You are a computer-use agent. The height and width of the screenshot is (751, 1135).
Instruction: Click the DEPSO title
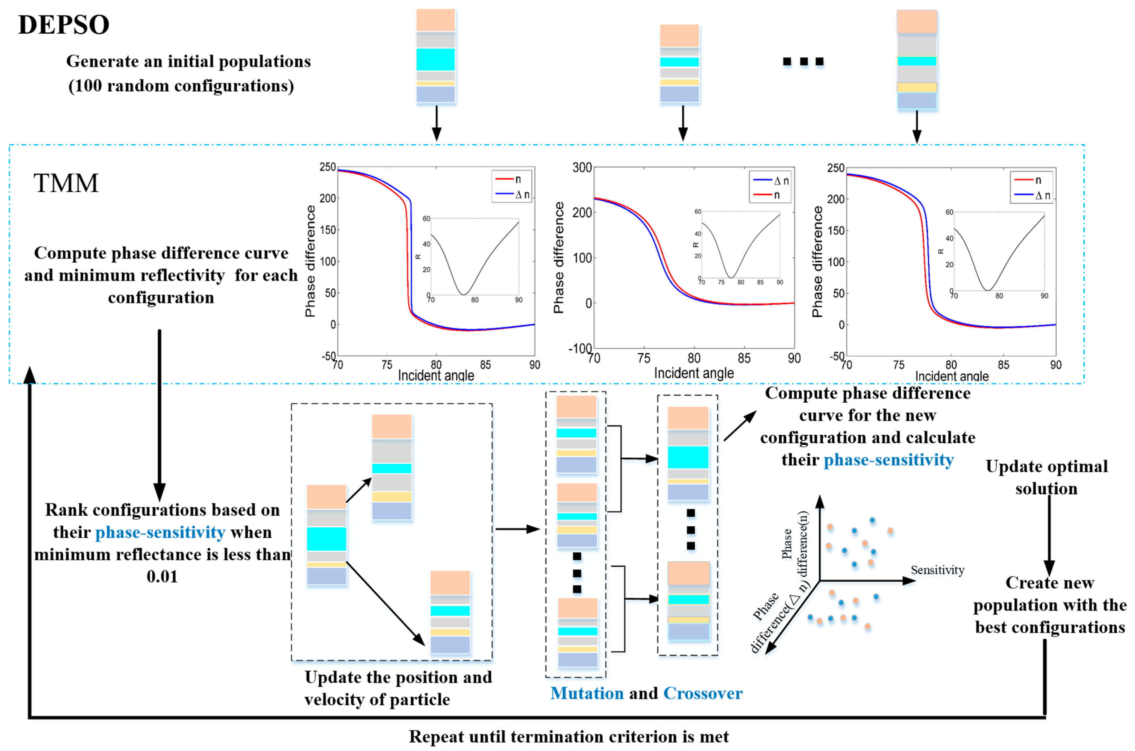click(64, 25)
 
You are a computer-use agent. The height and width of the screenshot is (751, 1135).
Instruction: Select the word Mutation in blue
click(587, 693)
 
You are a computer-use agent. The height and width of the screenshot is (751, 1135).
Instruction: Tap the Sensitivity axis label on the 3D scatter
click(937, 570)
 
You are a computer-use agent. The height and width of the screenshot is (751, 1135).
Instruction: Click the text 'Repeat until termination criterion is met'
click(569, 737)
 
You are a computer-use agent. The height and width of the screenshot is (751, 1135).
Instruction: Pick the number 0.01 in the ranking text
click(162, 576)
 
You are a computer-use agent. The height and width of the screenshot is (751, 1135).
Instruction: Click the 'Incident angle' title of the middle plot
click(694, 373)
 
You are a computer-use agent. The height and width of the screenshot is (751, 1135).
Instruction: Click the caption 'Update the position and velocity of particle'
click(398, 688)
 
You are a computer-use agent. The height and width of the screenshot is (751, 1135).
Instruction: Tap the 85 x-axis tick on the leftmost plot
click(485, 365)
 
